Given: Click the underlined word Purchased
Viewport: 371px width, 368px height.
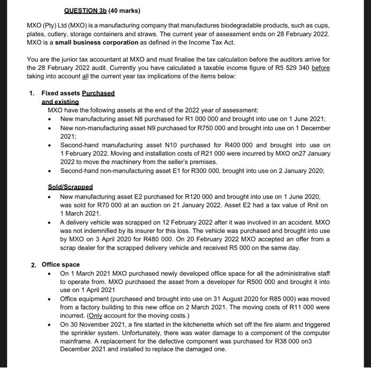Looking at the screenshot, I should (98, 93).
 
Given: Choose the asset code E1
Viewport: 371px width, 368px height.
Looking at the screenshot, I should (160, 171).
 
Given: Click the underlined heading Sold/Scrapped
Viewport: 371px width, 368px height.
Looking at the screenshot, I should (70, 187).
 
